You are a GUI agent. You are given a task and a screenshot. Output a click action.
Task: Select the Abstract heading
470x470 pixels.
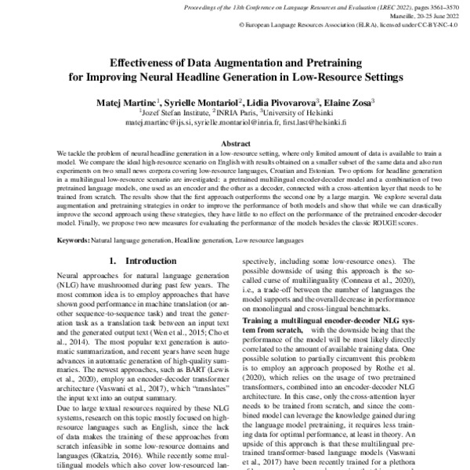point(234,144)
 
